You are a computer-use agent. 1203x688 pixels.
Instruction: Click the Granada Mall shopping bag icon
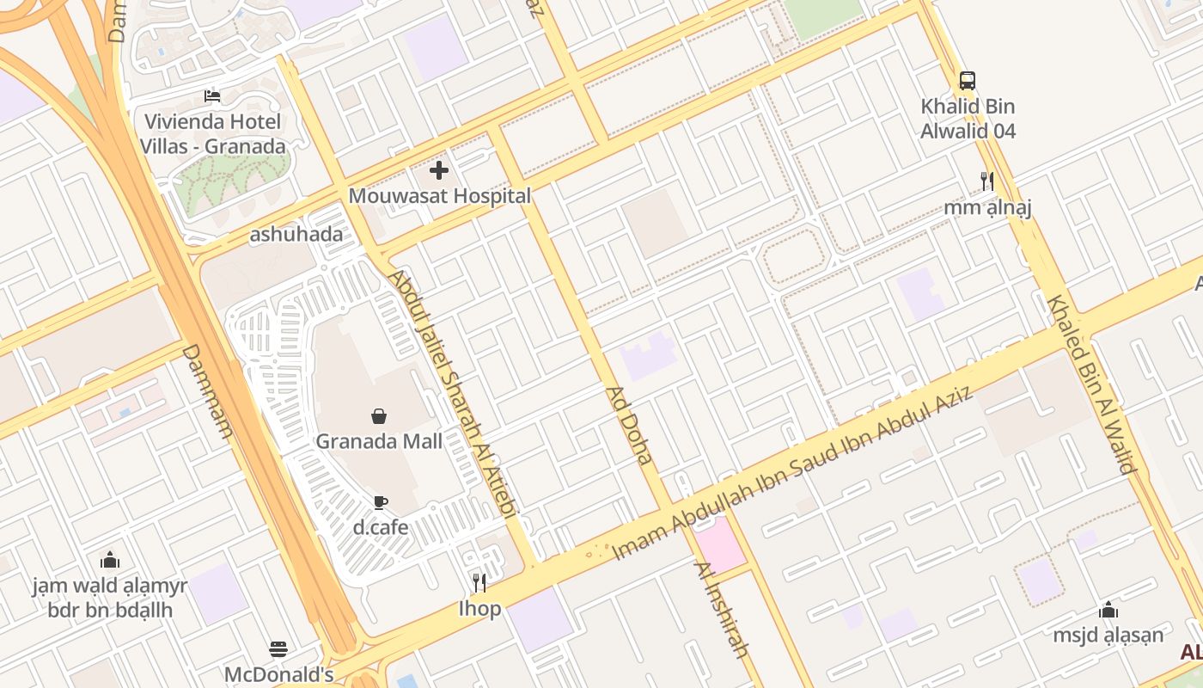point(379,417)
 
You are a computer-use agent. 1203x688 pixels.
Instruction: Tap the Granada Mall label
point(379,441)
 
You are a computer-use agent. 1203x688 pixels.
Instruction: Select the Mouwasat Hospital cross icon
point(439,170)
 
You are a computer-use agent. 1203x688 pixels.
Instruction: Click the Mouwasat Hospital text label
point(439,196)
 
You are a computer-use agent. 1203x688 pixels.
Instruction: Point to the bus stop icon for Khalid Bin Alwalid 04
point(968,81)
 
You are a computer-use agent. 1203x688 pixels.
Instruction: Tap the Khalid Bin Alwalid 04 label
point(968,119)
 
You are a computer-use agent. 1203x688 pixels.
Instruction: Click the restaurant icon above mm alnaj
point(987,181)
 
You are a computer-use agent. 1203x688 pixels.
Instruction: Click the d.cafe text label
point(381,526)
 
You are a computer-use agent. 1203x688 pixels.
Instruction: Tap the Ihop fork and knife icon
point(479,583)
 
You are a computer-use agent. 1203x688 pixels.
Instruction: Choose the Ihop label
point(479,609)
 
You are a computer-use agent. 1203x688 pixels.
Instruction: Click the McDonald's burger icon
point(278,648)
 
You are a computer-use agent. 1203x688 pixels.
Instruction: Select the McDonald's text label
point(278,674)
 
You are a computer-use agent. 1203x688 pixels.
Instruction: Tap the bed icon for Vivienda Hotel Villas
point(212,95)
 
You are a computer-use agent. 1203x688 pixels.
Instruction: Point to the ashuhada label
point(296,234)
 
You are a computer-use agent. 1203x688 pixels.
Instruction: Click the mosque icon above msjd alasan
point(1108,610)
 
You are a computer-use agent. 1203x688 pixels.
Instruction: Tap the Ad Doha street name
point(630,426)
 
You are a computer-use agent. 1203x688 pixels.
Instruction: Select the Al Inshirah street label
point(723,609)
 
